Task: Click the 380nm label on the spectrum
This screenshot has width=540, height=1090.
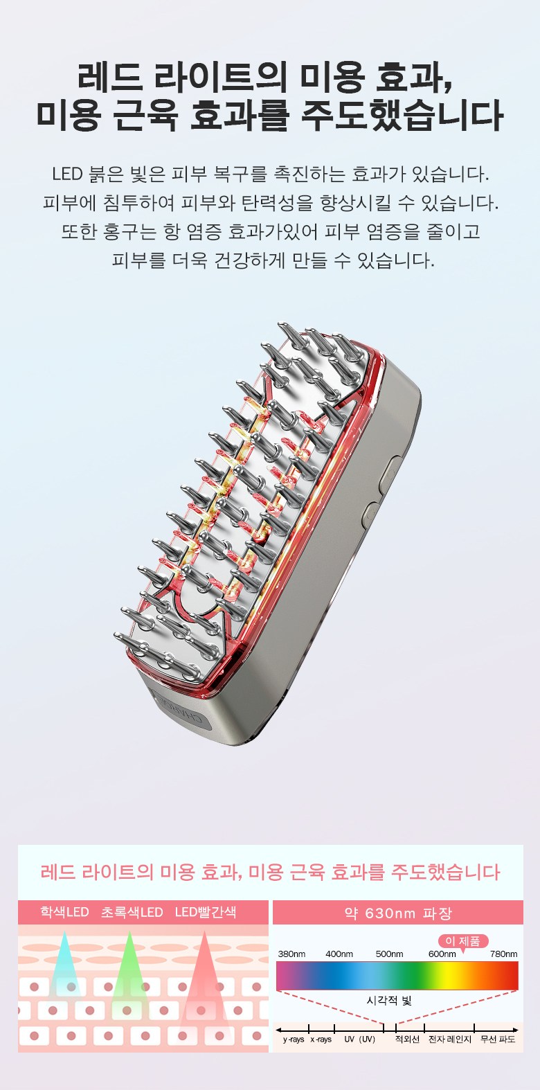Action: pyautogui.click(x=291, y=954)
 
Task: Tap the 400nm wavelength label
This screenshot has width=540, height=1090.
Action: pyautogui.click(x=339, y=954)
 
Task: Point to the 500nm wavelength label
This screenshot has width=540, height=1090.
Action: pyautogui.click(x=389, y=954)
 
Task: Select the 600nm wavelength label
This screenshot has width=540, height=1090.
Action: pyautogui.click(x=442, y=954)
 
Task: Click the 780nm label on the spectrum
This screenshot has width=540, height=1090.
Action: pyautogui.click(x=503, y=954)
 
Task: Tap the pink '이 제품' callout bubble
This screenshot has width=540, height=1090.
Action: pyautogui.click(x=462, y=941)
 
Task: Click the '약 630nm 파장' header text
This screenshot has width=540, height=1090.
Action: pyautogui.click(x=398, y=913)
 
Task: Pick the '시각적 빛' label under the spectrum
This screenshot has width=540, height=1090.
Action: pyautogui.click(x=388, y=1001)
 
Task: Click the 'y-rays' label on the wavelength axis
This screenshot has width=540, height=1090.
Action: pyautogui.click(x=294, y=1039)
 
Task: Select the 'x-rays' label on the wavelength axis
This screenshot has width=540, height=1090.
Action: pyautogui.click(x=321, y=1039)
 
